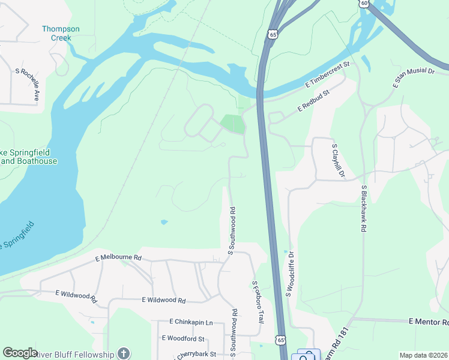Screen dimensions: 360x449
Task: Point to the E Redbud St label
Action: click(x=314, y=101)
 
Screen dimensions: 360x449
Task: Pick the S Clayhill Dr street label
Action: click(x=338, y=160)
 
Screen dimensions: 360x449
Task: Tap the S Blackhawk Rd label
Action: click(x=364, y=208)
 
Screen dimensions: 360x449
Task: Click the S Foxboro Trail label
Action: click(x=258, y=302)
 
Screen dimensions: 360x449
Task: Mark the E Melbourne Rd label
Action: click(x=118, y=257)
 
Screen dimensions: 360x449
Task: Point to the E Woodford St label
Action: click(x=183, y=338)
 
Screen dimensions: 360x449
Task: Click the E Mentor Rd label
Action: click(x=428, y=322)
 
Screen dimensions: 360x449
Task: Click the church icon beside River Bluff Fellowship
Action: click(x=124, y=353)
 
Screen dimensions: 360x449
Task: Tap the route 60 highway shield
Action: click(x=364, y=3)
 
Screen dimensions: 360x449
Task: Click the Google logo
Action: click(x=20, y=353)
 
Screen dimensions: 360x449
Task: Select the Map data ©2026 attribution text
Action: click(x=423, y=355)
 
